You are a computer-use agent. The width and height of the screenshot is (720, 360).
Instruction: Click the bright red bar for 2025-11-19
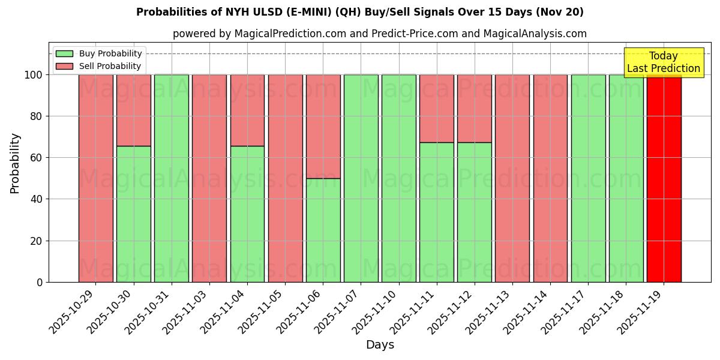664,180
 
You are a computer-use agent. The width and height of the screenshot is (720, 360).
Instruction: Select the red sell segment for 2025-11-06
323,126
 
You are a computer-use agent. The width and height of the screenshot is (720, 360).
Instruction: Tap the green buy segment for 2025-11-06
323,230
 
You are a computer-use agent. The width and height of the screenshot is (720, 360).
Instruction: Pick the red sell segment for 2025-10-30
133,110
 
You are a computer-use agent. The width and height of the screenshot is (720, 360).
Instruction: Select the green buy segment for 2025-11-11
436,212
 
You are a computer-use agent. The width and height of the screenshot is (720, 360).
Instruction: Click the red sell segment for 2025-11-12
474,108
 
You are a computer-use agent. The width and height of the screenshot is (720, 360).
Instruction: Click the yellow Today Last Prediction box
663,62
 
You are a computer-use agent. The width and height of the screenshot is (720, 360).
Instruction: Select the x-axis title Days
380,345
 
